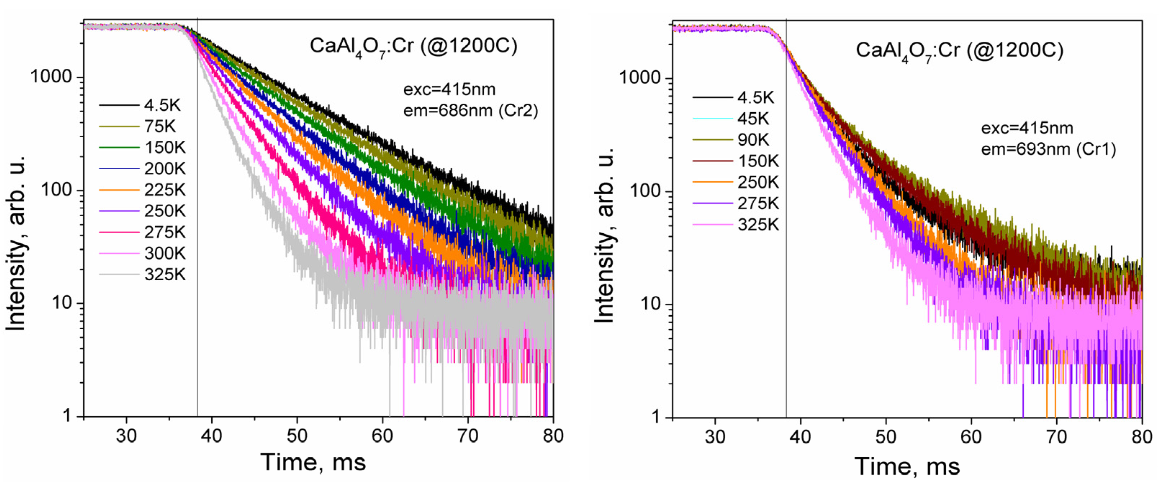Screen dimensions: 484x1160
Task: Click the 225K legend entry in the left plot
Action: [165, 190]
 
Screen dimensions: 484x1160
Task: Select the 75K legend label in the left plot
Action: [160, 127]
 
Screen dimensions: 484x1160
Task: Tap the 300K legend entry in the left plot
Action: [165, 253]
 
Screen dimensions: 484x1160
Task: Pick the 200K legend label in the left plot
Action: [165, 169]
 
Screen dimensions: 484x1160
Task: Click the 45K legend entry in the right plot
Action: [753, 119]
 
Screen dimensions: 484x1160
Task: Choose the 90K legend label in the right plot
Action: [753, 140]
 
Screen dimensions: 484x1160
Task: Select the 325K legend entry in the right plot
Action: [758, 225]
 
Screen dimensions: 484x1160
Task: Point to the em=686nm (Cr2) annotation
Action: [470, 110]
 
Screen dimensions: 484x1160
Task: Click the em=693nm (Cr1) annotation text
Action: [1048, 149]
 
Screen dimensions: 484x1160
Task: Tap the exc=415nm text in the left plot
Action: [449, 90]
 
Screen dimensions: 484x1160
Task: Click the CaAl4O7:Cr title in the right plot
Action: [959, 50]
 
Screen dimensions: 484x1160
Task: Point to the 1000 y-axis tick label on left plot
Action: [51, 77]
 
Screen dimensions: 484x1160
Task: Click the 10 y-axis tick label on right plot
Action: [649, 304]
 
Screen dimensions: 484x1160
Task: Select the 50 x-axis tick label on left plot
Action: [297, 436]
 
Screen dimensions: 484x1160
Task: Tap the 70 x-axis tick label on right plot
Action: [1056, 437]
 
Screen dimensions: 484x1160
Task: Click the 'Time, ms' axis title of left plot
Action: [313, 462]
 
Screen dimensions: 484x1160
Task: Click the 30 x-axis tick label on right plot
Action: [715, 437]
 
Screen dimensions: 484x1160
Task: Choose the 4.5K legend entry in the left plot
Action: [162, 105]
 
